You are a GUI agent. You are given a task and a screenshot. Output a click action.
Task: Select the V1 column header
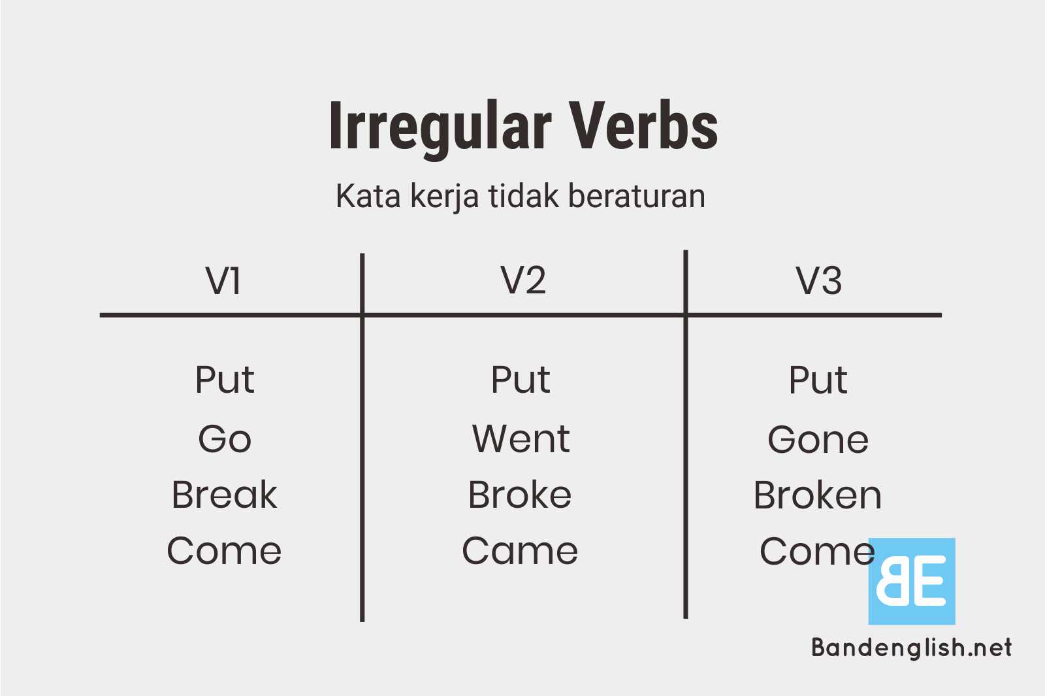[x=223, y=281]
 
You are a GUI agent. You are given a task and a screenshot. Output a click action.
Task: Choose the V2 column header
[x=523, y=280]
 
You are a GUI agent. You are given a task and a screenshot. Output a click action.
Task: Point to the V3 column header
[x=818, y=281]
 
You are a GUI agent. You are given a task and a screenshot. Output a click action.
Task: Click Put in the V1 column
[x=225, y=380]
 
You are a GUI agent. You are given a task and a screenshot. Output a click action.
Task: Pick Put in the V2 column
[x=521, y=380]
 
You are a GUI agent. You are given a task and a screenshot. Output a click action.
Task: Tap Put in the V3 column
[x=818, y=380]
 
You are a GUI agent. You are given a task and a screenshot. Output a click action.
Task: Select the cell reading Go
[x=225, y=439]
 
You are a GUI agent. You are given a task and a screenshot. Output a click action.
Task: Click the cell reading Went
[x=521, y=439]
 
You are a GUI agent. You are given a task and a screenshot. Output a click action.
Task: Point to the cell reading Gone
[x=818, y=439]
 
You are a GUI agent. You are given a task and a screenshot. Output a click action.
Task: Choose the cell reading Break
[x=224, y=495]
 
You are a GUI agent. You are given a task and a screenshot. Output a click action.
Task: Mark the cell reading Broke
[x=520, y=495]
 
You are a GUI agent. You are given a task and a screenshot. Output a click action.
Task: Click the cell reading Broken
[x=817, y=495]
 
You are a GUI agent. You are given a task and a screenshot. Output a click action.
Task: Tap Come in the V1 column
[x=224, y=551]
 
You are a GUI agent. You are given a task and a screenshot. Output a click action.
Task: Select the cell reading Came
[x=520, y=551]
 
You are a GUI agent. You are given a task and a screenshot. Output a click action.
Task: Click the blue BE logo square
[x=911, y=581]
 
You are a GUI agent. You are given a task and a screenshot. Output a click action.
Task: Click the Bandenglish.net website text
[x=911, y=648]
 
